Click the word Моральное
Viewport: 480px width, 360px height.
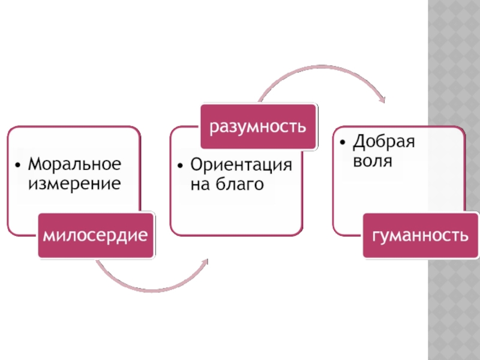(x=75, y=164)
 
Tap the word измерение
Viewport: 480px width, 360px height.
(x=73, y=182)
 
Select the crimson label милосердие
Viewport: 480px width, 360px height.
(x=95, y=236)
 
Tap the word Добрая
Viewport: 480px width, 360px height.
(x=384, y=142)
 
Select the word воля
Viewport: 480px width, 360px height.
(x=373, y=161)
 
